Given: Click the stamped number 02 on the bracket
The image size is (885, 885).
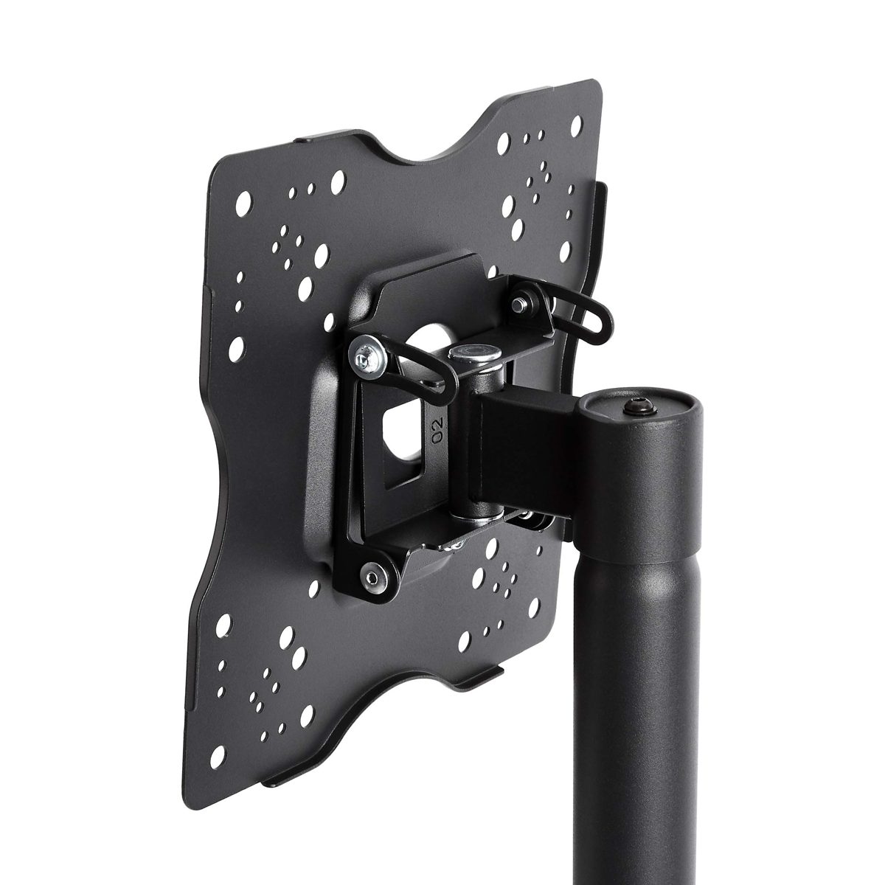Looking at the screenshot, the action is point(437,429).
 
